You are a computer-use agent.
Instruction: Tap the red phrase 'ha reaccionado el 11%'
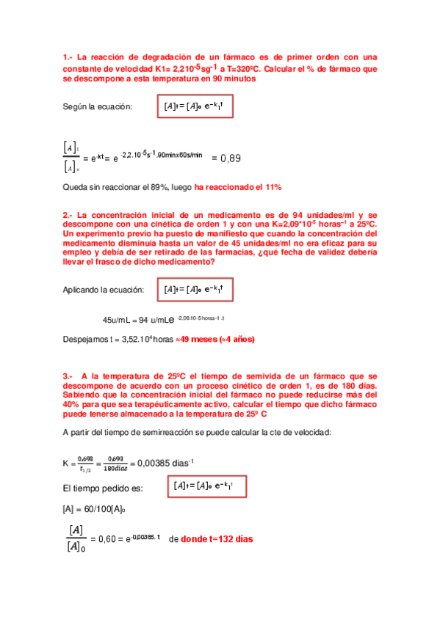click(238, 187)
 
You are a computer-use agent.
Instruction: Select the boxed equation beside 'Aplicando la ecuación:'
click(195, 290)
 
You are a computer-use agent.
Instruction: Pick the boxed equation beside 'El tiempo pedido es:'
click(208, 486)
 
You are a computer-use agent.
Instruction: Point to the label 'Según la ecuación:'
click(98, 107)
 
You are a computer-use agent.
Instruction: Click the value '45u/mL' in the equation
click(116, 319)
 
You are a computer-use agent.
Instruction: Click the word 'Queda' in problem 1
click(75, 187)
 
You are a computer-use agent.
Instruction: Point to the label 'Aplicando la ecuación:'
click(104, 290)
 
